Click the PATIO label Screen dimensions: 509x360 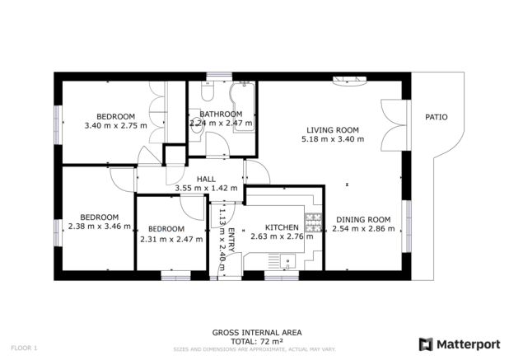pos(437,117)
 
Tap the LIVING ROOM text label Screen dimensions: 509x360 pos(333,130)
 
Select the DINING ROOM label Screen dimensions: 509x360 pos(363,220)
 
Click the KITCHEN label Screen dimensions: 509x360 pos(282,227)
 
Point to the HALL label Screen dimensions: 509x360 pos(206,180)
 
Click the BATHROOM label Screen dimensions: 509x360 pos(221,115)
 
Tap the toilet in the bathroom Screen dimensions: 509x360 pos(207,91)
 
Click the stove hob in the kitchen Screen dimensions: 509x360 pos(313,222)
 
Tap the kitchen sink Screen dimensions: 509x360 pos(288,261)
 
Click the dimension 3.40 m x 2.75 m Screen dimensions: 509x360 pos(116,125)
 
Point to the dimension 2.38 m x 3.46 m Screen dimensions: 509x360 pos(100,227)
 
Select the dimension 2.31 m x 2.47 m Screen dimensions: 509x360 pos(171,240)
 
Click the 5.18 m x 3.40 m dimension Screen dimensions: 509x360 pos(333,139)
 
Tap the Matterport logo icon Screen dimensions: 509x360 pos(426,344)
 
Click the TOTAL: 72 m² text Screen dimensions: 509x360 pos(257,342)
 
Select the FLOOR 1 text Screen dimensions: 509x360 pos(24,348)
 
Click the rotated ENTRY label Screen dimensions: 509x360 pos(231,241)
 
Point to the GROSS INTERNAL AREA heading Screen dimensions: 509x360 pos(257,333)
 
